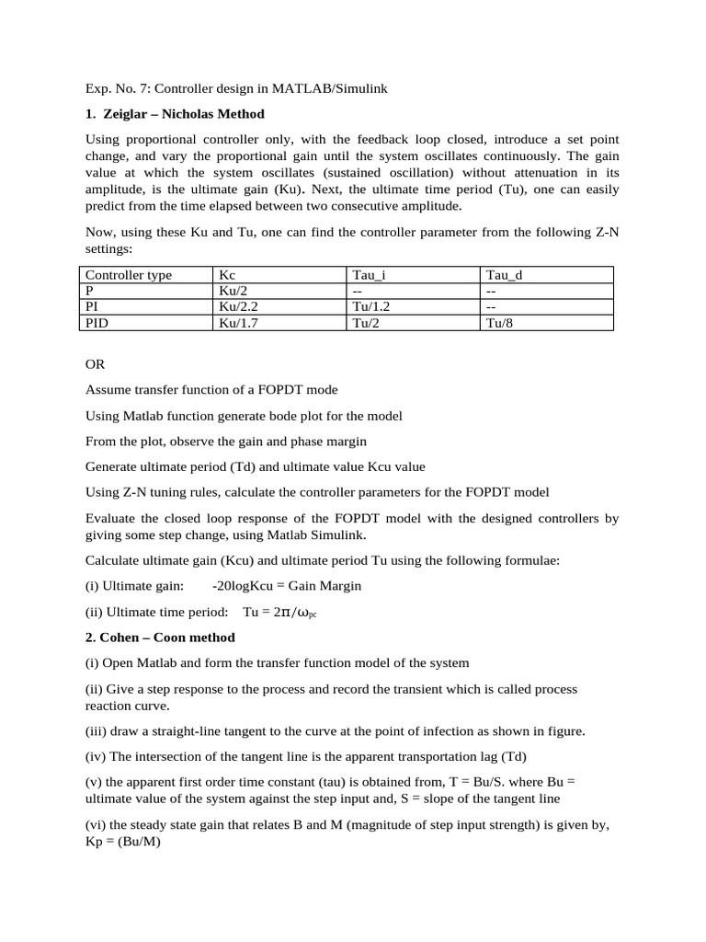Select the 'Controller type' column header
129,275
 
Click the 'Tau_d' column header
504,275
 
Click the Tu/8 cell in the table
501,323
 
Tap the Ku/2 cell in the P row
233,291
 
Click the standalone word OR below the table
96,364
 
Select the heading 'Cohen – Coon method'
168,637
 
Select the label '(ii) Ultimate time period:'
156,612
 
